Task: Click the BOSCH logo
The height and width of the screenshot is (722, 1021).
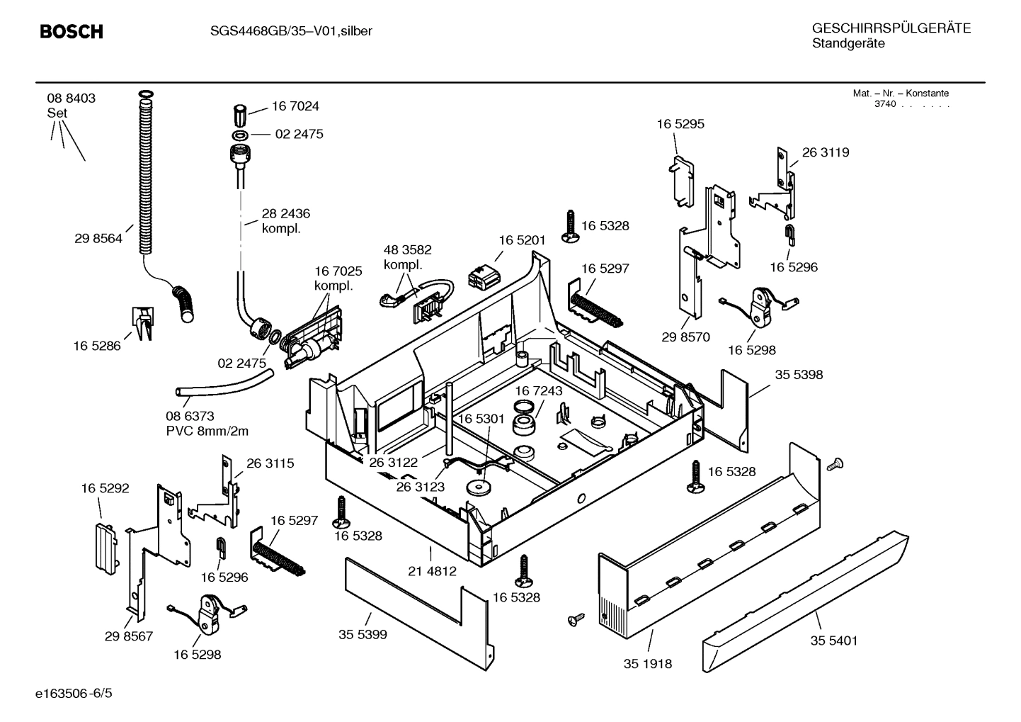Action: click(x=71, y=32)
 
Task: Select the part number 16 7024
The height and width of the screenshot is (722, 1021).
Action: click(x=295, y=106)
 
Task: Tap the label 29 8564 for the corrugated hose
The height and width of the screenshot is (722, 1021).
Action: click(x=98, y=239)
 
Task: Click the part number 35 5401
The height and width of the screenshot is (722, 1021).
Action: click(x=833, y=641)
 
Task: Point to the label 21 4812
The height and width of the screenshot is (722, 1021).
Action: click(x=433, y=570)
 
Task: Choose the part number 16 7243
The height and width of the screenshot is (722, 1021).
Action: click(x=538, y=391)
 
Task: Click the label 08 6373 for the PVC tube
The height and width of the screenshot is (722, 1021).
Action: click(x=190, y=416)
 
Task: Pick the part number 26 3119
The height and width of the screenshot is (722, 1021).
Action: click(x=825, y=152)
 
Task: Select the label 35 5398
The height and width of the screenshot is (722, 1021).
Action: click(x=799, y=374)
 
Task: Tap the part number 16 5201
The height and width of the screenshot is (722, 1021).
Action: click(x=522, y=240)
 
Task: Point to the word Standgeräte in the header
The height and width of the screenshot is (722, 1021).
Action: click(x=848, y=44)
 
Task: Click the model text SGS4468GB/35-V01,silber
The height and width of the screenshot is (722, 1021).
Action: click(x=291, y=31)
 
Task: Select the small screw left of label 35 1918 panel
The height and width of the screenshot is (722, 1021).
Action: click(x=574, y=620)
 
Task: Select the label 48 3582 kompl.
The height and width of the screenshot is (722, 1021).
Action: click(x=407, y=256)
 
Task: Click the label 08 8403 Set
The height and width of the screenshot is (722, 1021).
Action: click(x=71, y=105)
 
